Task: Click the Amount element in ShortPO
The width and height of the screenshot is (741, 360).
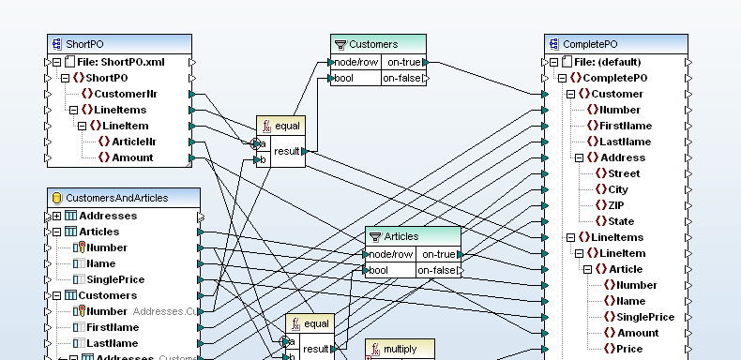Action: pyautogui.click(x=132, y=157)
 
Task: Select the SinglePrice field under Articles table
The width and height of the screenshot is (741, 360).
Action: pyautogui.click(x=115, y=279)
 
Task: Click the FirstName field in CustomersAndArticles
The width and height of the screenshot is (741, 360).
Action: pyautogui.click(x=113, y=327)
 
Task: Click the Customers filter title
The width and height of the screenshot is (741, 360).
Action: pyautogui.click(x=373, y=44)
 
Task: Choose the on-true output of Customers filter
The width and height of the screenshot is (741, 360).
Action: pyautogui.click(x=404, y=63)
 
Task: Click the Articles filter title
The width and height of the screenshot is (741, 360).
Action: pyautogui.click(x=401, y=236)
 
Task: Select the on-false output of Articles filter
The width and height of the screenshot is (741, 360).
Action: pyautogui.click(x=437, y=271)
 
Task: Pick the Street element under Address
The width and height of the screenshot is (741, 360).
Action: pyautogui.click(x=624, y=173)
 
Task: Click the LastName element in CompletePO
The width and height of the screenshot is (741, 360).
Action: pyautogui.click(x=625, y=142)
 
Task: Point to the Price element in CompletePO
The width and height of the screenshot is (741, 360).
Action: pyautogui.click(x=628, y=349)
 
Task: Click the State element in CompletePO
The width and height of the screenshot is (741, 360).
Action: pyautogui.click(x=621, y=221)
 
